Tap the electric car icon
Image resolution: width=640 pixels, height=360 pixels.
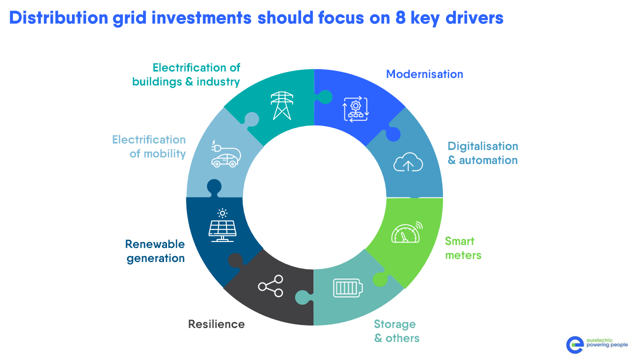click(225, 155)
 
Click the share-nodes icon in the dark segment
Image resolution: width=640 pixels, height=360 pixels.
click(270, 286)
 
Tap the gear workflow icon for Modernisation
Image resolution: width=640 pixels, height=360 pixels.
click(355, 109)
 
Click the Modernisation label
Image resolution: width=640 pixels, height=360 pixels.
click(424, 74)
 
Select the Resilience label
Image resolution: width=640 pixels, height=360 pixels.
click(216, 324)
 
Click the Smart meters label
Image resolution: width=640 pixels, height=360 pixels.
click(463, 248)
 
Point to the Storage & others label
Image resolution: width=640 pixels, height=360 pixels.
click(396, 331)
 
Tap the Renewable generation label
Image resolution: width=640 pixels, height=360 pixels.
click(155, 251)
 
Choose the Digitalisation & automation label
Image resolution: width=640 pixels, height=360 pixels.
click(482, 153)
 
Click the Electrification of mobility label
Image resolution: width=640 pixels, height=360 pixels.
click(149, 146)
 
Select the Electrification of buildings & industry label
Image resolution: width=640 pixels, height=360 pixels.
click(186, 74)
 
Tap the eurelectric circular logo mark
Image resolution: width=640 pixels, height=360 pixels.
click(575, 344)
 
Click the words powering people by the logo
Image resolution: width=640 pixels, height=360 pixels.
click(607, 345)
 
